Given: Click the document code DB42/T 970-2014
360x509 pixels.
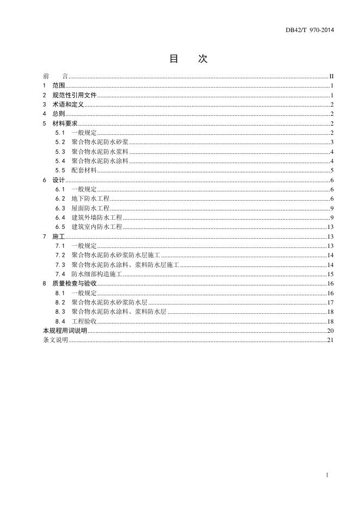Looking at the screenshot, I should [x=310, y=30].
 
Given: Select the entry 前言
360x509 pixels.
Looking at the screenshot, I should [x=55, y=76].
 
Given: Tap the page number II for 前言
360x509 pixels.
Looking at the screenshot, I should [x=331, y=76].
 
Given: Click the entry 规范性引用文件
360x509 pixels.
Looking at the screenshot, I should [x=74, y=95].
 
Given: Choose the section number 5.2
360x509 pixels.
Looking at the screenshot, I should [x=60, y=142].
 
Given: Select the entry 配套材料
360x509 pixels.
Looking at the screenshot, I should [x=84, y=170].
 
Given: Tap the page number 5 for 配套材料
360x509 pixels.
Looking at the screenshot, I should [x=331, y=170].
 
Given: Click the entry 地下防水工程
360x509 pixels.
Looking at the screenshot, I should [x=90, y=198].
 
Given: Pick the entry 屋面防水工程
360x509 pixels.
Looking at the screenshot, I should [x=90, y=208].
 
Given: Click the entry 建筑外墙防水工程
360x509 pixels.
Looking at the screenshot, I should [x=97, y=218].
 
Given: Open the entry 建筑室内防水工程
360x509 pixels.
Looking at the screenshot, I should [x=97, y=227].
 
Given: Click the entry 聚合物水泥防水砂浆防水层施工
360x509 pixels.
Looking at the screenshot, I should [x=115, y=255].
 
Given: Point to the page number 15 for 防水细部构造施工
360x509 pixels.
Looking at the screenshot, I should [x=330, y=274].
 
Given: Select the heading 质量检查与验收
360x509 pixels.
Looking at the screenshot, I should [x=74, y=283].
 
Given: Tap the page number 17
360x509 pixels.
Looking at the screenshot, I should [x=330, y=302].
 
